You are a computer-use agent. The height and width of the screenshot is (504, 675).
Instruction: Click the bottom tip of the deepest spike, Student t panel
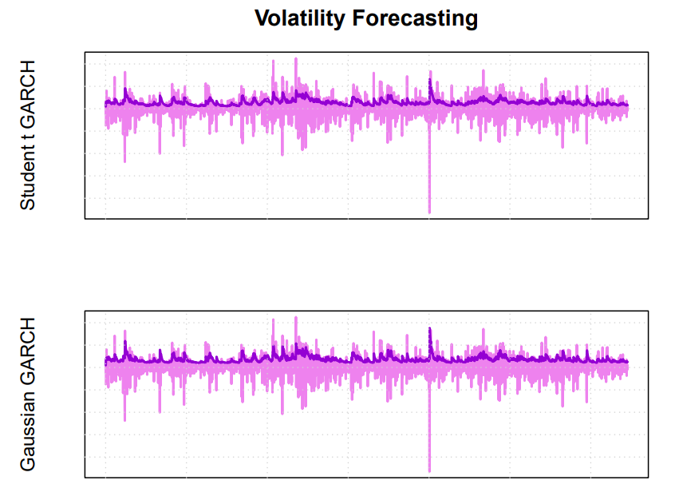click(x=429, y=212)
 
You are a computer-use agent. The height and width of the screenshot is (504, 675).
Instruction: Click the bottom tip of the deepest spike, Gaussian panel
click(x=429, y=471)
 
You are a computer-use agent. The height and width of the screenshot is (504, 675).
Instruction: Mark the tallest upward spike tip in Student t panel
click(x=296, y=58)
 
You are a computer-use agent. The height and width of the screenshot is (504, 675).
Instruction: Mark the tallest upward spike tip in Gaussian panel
click(x=296, y=317)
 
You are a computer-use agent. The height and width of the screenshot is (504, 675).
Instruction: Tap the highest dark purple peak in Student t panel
click(x=430, y=80)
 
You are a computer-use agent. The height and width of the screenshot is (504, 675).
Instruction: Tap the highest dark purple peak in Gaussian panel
click(x=430, y=328)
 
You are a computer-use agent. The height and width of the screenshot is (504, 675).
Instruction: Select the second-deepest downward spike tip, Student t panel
click(x=124, y=161)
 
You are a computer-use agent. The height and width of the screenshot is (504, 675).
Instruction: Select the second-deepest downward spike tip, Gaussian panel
click(x=124, y=420)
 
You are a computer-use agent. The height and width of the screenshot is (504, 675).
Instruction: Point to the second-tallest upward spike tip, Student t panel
click(x=273, y=61)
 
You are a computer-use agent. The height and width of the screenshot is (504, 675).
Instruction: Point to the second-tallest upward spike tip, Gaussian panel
click(x=273, y=319)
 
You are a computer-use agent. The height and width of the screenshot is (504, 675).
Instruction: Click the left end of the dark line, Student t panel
click(x=105, y=105)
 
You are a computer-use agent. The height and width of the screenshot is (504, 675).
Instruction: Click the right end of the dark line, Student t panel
click(x=628, y=105)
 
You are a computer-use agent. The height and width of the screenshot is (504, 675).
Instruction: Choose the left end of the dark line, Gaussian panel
click(x=105, y=363)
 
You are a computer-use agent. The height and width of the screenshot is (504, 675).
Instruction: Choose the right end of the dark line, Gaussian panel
click(x=628, y=362)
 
